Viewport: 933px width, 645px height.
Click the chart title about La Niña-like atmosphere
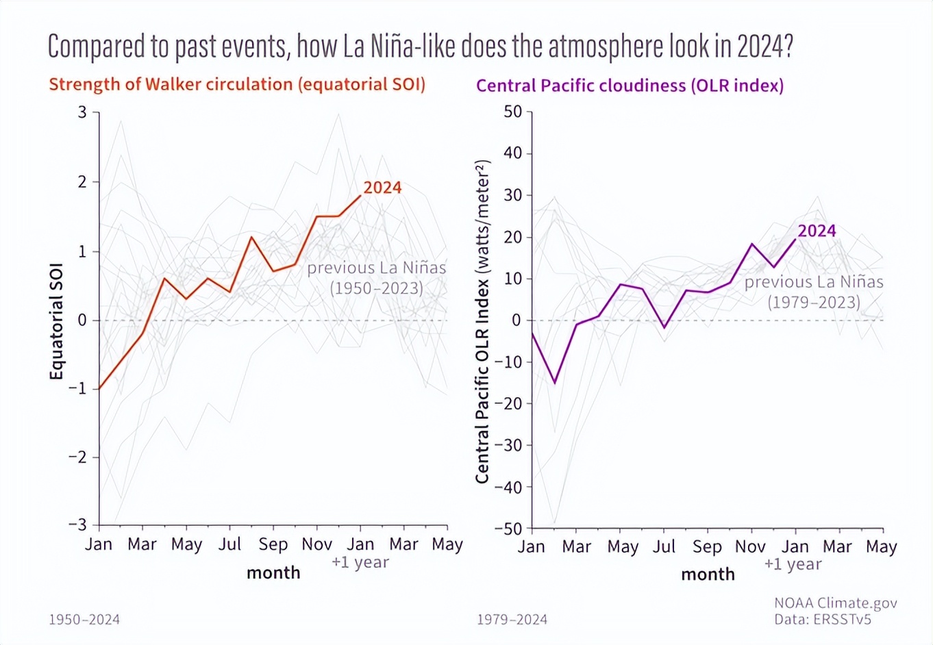pos(420,47)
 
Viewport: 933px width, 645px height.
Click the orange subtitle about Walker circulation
pos(237,84)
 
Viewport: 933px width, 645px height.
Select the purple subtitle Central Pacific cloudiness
pos(630,86)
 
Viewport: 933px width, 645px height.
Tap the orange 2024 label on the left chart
pos(382,188)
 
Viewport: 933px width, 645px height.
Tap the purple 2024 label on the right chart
pos(817,231)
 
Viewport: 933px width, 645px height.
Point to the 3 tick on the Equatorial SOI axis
pos(83,112)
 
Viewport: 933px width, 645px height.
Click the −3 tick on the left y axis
pos(78,524)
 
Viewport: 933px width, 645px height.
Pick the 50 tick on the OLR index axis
pos(512,112)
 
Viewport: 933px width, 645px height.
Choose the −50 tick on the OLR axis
pos(508,529)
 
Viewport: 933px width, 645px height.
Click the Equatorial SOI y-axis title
pos(56,320)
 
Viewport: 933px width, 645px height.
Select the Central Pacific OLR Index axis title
pos(482,322)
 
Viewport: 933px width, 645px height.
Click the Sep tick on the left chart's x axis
pos(273,544)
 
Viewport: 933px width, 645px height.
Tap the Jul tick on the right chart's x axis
pos(664,547)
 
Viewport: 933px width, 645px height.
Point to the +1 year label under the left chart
pos(360,562)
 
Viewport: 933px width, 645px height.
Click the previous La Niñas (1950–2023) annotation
pos(376,277)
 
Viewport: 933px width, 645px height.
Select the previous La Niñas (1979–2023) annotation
pos(814,292)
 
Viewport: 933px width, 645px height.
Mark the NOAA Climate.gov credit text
pos(835,603)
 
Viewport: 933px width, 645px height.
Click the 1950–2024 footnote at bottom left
pos(84,620)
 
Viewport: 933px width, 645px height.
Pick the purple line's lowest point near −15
pos(555,383)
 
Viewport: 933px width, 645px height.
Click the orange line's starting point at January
pos(99,389)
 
